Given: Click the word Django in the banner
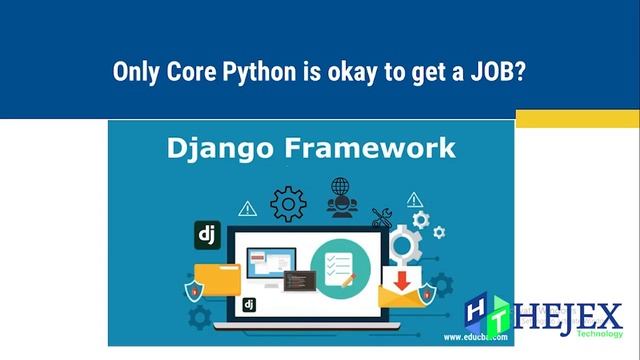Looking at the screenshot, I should click(207, 149).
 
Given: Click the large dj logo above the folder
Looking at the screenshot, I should click(207, 236).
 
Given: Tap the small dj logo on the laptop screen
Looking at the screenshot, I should click(249, 304).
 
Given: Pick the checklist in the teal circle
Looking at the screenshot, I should click(340, 268).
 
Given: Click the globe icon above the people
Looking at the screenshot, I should click(340, 186).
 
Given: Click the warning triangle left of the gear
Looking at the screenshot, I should click(247, 209).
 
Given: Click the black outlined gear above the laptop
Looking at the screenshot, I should click(288, 203).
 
